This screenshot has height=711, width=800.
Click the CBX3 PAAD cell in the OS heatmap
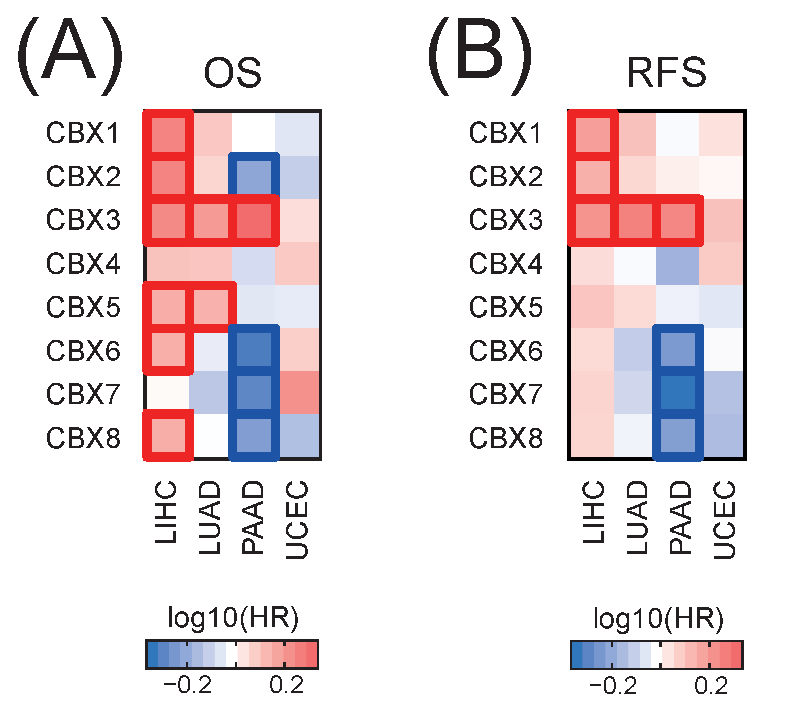click(254, 220)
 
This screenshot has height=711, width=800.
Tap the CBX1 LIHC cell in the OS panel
click(167, 133)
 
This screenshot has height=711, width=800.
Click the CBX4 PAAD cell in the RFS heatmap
click(678, 263)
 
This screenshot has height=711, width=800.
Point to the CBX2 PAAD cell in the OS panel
click(254, 177)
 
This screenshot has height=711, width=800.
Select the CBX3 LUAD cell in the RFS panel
click(635, 220)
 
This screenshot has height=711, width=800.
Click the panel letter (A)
click(70, 55)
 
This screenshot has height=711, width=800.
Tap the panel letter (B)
click(480, 55)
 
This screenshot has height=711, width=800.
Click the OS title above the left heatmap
click(232, 73)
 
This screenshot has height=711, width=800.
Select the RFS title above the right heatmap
click(666, 73)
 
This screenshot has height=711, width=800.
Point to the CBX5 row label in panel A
click(83, 307)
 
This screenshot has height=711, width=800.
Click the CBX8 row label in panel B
click(505, 438)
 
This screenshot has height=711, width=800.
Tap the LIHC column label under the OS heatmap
click(166, 512)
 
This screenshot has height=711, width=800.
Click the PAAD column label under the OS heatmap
click(253, 518)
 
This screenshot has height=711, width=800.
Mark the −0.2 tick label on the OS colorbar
click(188, 685)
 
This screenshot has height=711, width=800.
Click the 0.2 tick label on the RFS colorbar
click(711, 686)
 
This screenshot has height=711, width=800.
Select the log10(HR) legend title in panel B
click(658, 618)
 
